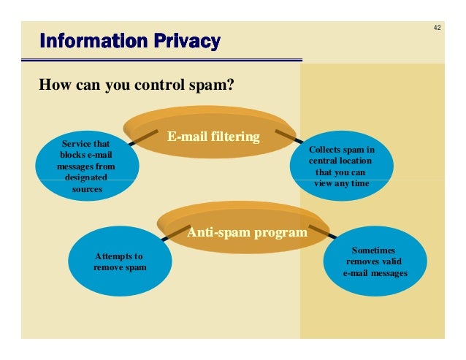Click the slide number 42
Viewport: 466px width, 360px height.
[437, 28]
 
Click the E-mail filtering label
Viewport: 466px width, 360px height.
[213, 136]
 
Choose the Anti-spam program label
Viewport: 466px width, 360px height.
[247, 233]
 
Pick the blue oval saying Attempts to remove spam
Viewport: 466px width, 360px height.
[119, 262]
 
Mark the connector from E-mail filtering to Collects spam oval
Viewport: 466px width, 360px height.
[298, 138]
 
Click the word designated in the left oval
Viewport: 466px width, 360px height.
[85, 177]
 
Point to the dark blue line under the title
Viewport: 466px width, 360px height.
[168, 60]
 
